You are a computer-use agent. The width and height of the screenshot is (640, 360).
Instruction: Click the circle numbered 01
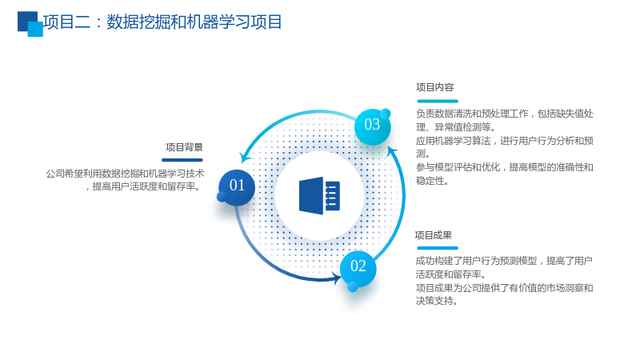[x=237, y=187]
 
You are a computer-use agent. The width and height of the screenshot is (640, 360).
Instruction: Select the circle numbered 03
[x=372, y=127]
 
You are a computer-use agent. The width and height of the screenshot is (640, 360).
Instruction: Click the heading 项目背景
[x=184, y=147]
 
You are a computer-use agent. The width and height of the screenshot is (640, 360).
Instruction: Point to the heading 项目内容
[x=434, y=87]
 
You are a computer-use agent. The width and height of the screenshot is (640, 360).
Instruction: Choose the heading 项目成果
[x=434, y=235]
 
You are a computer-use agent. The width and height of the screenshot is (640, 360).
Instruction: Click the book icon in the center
[x=319, y=195]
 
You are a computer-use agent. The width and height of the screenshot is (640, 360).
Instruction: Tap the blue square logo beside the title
[x=30, y=24]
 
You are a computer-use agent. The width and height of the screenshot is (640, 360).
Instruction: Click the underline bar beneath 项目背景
[x=182, y=160]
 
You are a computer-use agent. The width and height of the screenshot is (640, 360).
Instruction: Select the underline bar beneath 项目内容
[x=438, y=101]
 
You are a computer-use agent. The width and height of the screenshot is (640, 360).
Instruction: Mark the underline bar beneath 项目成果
[x=438, y=248]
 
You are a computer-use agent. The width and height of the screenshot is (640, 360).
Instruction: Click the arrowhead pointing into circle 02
[x=338, y=278]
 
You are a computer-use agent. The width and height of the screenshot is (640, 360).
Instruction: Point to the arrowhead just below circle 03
[x=392, y=151]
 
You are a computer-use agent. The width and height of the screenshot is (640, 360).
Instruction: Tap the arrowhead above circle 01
[x=246, y=157]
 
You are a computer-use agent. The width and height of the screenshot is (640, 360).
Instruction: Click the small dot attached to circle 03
[x=386, y=114]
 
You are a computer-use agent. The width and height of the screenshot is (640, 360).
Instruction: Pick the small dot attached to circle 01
[x=222, y=197]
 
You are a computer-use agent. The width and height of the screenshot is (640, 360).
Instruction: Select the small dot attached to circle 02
[x=353, y=287]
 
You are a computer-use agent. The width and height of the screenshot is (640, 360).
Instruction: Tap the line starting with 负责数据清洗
[x=505, y=114]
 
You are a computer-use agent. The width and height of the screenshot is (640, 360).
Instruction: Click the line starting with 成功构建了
[x=504, y=261]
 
